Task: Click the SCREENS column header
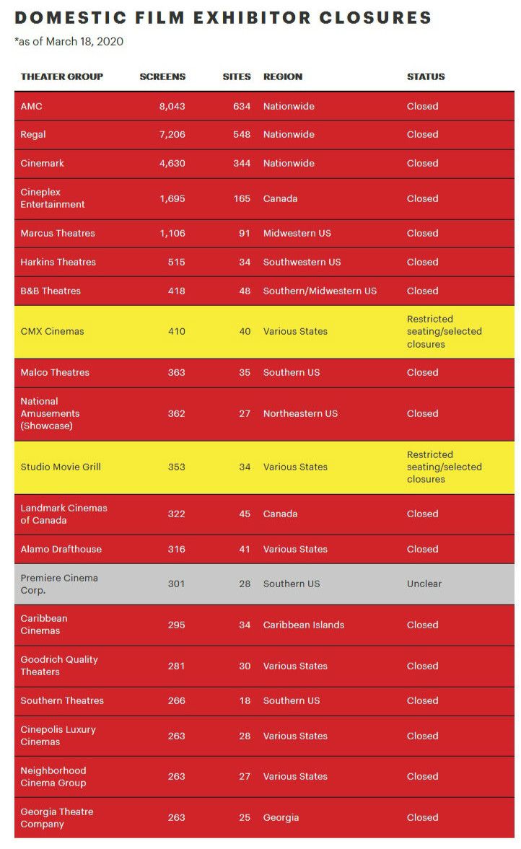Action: click(162, 76)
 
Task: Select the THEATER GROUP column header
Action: click(61, 76)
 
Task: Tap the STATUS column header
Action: click(426, 76)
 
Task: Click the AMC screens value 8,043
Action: click(172, 106)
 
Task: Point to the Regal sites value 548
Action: click(242, 134)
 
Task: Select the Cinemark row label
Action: click(42, 163)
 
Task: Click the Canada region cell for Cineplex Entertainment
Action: click(280, 198)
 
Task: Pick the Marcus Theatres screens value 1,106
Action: click(172, 233)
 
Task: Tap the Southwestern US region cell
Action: click(302, 262)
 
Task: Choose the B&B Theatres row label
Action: click(51, 291)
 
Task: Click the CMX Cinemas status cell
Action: click(444, 331)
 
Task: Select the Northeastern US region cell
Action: click(300, 413)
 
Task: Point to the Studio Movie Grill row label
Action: click(61, 467)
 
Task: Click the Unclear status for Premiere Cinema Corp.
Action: click(424, 584)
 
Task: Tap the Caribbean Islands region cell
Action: click(303, 625)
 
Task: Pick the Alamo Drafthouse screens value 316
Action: click(176, 549)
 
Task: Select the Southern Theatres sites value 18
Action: click(245, 700)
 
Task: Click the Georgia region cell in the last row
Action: click(281, 817)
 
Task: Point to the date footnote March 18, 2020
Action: click(84, 42)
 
